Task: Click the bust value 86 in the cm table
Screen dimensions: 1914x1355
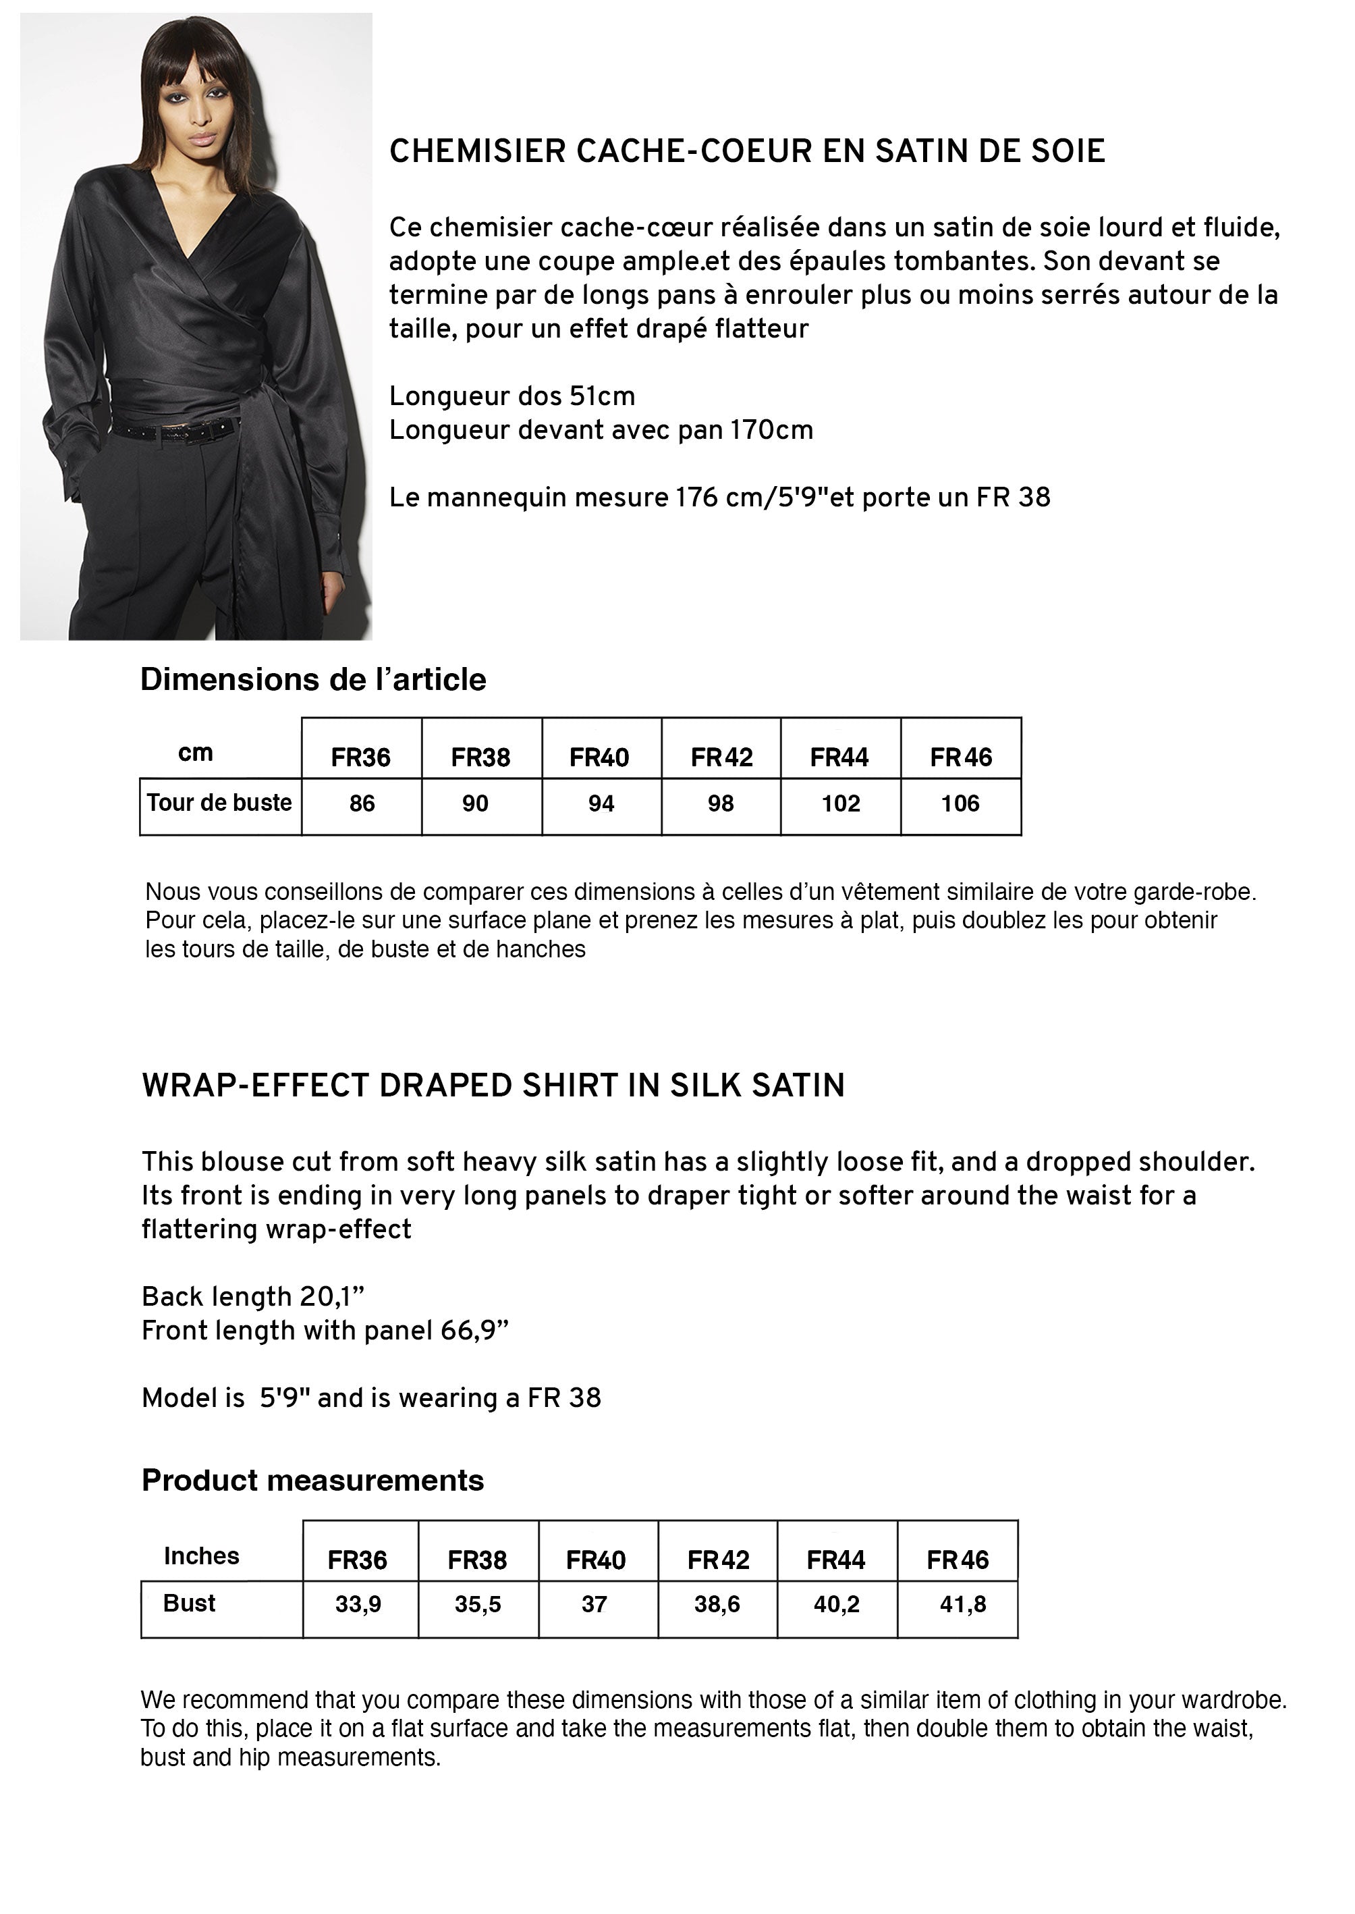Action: (x=362, y=804)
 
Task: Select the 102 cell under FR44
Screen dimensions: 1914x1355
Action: (x=840, y=804)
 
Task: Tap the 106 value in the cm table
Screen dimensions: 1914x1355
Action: (x=960, y=804)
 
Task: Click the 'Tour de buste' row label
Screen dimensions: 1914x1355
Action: (x=219, y=803)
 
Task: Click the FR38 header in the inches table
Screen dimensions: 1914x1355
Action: (x=477, y=1560)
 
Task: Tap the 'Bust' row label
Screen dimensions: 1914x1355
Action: (x=190, y=1603)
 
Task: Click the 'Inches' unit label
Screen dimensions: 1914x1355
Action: (x=201, y=1556)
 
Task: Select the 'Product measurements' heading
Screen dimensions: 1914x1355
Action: (x=313, y=1480)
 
